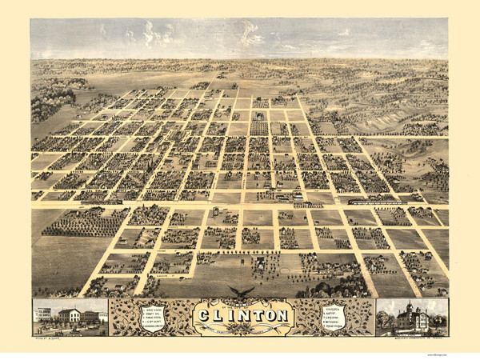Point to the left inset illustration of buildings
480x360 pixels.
pos(70,316)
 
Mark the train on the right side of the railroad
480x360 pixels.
pos(376,203)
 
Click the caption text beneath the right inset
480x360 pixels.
pos(412,339)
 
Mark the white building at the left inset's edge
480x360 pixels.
pos(40,314)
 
